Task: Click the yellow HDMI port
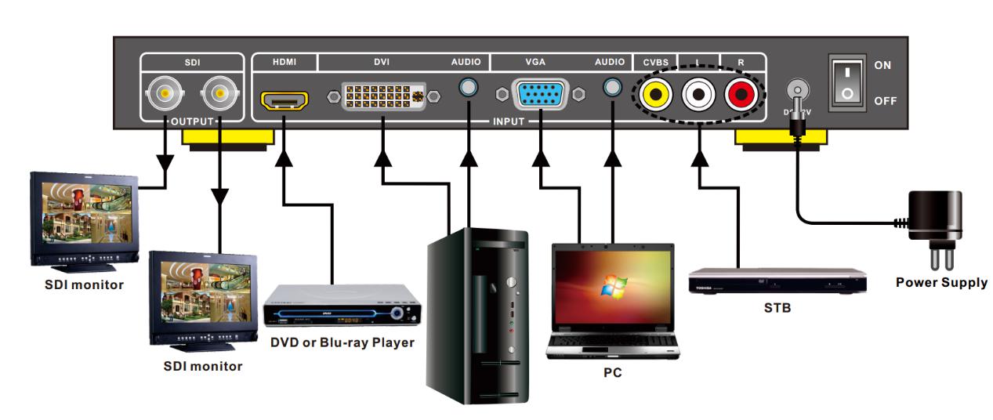click(x=284, y=100)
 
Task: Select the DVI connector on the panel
click(x=384, y=96)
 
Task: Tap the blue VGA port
click(x=541, y=95)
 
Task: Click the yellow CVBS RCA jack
click(x=654, y=95)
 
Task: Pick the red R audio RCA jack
click(x=739, y=95)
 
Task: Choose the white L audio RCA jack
click(x=697, y=95)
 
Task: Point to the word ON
click(x=882, y=66)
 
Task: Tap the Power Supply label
click(x=941, y=282)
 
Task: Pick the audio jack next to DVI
click(x=468, y=89)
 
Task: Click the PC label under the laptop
click(x=612, y=372)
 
